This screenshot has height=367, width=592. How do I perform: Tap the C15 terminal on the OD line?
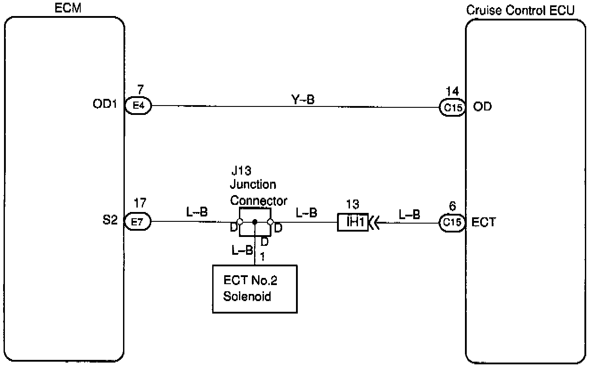pos(452,107)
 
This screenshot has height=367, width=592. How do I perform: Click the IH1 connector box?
pos(352,221)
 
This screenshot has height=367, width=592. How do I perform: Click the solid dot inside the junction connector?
pos(255,221)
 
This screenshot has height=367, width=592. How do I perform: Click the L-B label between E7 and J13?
pos(197,212)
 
